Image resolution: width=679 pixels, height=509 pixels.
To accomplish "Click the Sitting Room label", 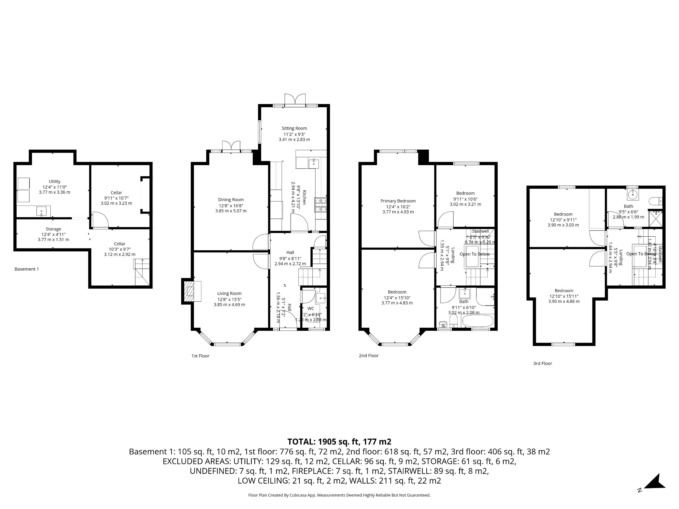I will (294, 128).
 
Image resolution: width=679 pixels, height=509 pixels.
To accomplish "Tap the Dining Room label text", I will (231, 200).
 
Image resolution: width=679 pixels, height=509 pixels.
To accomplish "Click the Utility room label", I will (55, 181).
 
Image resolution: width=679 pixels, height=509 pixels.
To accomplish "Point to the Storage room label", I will (53, 229).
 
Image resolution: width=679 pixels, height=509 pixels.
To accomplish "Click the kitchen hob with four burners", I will (321, 205).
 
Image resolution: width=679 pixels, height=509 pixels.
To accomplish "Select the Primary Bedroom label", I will (398, 201).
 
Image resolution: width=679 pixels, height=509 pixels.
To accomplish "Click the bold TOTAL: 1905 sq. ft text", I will (339, 441).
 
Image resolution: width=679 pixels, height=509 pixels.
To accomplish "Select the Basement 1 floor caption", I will (27, 269).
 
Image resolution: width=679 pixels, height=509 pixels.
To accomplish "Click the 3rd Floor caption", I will (542, 363).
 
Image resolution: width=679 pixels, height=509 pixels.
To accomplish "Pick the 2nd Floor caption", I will (369, 356).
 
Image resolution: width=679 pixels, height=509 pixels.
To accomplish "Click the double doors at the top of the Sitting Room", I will (295, 100).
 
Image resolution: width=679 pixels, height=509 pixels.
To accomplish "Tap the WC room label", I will (311, 308).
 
